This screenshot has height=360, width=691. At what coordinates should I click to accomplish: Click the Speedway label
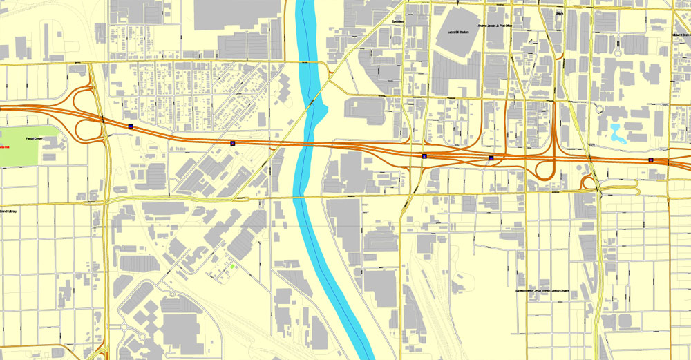(x=397, y=21)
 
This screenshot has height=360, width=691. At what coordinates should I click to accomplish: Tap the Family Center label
(x=34, y=139)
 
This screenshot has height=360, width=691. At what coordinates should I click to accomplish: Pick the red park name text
(x=4, y=148)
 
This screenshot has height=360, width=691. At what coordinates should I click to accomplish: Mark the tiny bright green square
(x=233, y=267)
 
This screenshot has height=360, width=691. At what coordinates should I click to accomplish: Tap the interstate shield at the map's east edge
(x=650, y=160)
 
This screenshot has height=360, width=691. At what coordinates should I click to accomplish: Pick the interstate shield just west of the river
(x=233, y=142)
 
